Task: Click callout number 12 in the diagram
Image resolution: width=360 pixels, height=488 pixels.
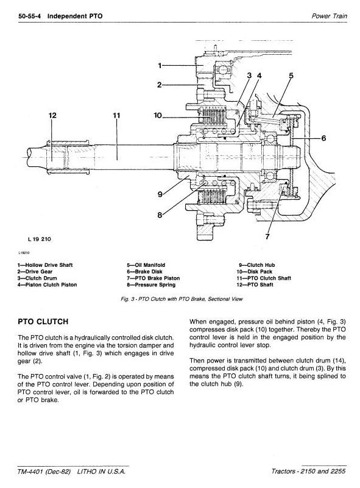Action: click(x=52, y=116)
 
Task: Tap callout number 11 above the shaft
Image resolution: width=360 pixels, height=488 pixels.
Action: click(x=116, y=116)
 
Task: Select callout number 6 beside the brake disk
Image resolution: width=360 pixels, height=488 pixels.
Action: click(x=323, y=138)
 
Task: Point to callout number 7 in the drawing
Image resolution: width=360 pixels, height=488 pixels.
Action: click(x=267, y=236)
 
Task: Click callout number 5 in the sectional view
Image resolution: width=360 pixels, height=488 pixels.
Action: click(x=291, y=76)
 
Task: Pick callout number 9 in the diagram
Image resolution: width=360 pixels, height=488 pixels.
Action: click(x=160, y=194)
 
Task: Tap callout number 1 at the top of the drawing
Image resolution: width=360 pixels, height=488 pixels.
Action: click(x=160, y=66)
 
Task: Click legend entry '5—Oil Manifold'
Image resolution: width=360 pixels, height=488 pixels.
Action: click(x=146, y=265)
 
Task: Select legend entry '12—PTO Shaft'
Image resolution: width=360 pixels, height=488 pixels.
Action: click(x=255, y=285)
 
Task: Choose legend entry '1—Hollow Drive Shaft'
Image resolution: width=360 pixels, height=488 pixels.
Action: click(x=45, y=265)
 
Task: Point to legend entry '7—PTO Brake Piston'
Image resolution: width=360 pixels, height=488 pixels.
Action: click(x=153, y=278)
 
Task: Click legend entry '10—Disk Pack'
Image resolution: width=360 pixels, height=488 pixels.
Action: click(x=254, y=272)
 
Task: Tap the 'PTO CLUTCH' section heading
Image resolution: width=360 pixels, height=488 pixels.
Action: click(x=43, y=322)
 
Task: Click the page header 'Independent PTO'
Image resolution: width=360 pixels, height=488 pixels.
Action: click(x=75, y=16)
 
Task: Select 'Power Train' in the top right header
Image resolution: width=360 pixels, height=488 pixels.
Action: click(x=329, y=16)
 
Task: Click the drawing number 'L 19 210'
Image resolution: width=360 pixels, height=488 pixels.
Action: click(x=39, y=239)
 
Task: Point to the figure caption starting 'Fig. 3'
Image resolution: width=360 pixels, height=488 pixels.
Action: click(x=182, y=299)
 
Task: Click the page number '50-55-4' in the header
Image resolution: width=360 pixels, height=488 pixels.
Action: click(x=30, y=16)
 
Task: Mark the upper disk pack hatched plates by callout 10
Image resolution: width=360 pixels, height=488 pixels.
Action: click(x=212, y=116)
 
